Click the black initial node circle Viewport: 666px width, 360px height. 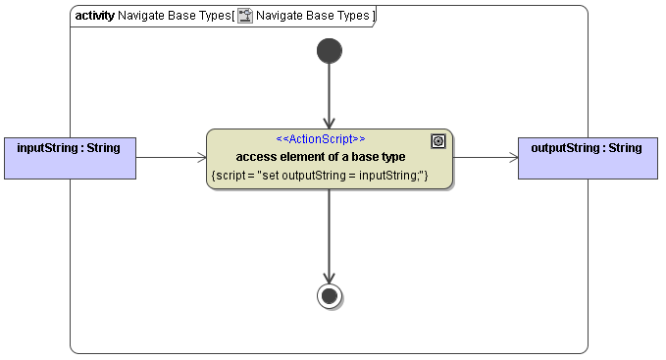(330, 51)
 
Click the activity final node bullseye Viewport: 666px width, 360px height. (330, 295)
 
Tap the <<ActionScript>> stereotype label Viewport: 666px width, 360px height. (321, 139)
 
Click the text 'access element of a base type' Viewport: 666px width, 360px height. (320, 157)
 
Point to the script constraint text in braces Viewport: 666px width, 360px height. (319, 175)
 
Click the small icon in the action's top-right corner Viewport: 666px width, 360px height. (438, 141)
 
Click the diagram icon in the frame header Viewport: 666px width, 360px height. (245, 16)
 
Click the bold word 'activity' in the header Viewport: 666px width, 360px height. (94, 16)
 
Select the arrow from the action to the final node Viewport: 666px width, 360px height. (330, 235)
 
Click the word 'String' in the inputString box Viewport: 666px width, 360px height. (103, 149)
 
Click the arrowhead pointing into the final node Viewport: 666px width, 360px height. (330, 277)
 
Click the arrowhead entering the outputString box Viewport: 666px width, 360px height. (512, 157)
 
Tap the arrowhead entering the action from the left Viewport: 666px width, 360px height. (200, 157)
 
